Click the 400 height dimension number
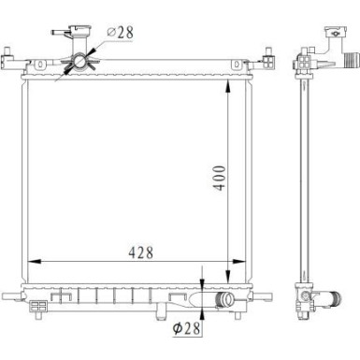pos(219,178)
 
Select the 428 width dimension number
pos(141,252)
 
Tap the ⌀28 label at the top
pos(120,33)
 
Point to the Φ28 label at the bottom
pos(186,328)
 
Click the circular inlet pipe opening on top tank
pos(79,61)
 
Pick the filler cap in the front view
pos(78,31)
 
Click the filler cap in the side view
pos(336,32)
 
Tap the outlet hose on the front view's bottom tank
pos(224,301)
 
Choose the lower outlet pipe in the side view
pos(330,299)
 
